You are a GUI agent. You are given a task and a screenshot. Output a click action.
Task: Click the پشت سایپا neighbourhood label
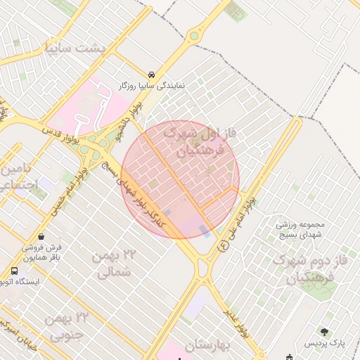[x=84, y=49]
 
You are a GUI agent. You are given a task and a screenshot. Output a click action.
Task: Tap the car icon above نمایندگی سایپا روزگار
[x=152, y=74]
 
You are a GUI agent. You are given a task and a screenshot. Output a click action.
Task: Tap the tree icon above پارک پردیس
[x=324, y=331]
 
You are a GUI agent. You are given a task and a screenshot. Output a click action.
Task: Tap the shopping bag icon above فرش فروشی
[x=44, y=236]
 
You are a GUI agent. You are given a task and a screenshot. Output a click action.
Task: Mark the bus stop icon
[x=15, y=271]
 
